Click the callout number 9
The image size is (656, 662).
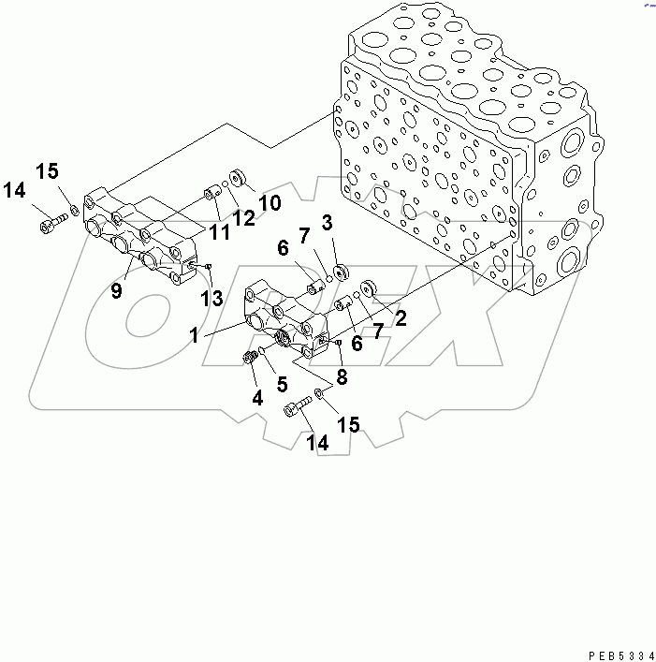pos(116,291)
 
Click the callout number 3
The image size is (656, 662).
pos(327,222)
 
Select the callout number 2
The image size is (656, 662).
pos(400,319)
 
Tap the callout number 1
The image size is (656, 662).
pos(195,335)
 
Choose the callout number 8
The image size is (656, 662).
pos(342,378)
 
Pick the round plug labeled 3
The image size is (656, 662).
pos(341,271)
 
